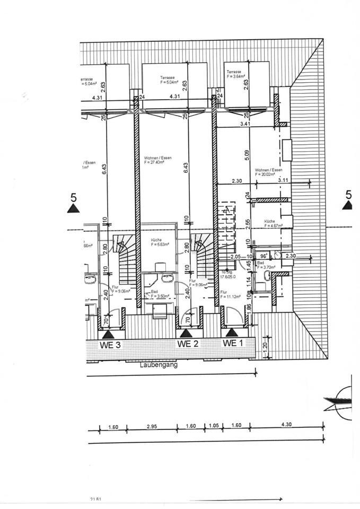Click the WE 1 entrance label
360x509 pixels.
point(232,344)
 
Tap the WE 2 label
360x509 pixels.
point(188,344)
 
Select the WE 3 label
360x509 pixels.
point(110,344)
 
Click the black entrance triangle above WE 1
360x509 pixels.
point(232,332)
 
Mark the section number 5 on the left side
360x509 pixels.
point(73,198)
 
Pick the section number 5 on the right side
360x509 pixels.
point(348,195)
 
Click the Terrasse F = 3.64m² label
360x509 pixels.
point(234,74)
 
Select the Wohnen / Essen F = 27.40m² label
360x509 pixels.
point(157,160)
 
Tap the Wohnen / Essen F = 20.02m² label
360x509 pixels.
point(268,171)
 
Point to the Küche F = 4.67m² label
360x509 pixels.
point(270,223)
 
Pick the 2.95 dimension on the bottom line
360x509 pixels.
point(151,425)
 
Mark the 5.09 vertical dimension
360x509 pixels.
point(247,155)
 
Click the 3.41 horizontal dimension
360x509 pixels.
point(244,124)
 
